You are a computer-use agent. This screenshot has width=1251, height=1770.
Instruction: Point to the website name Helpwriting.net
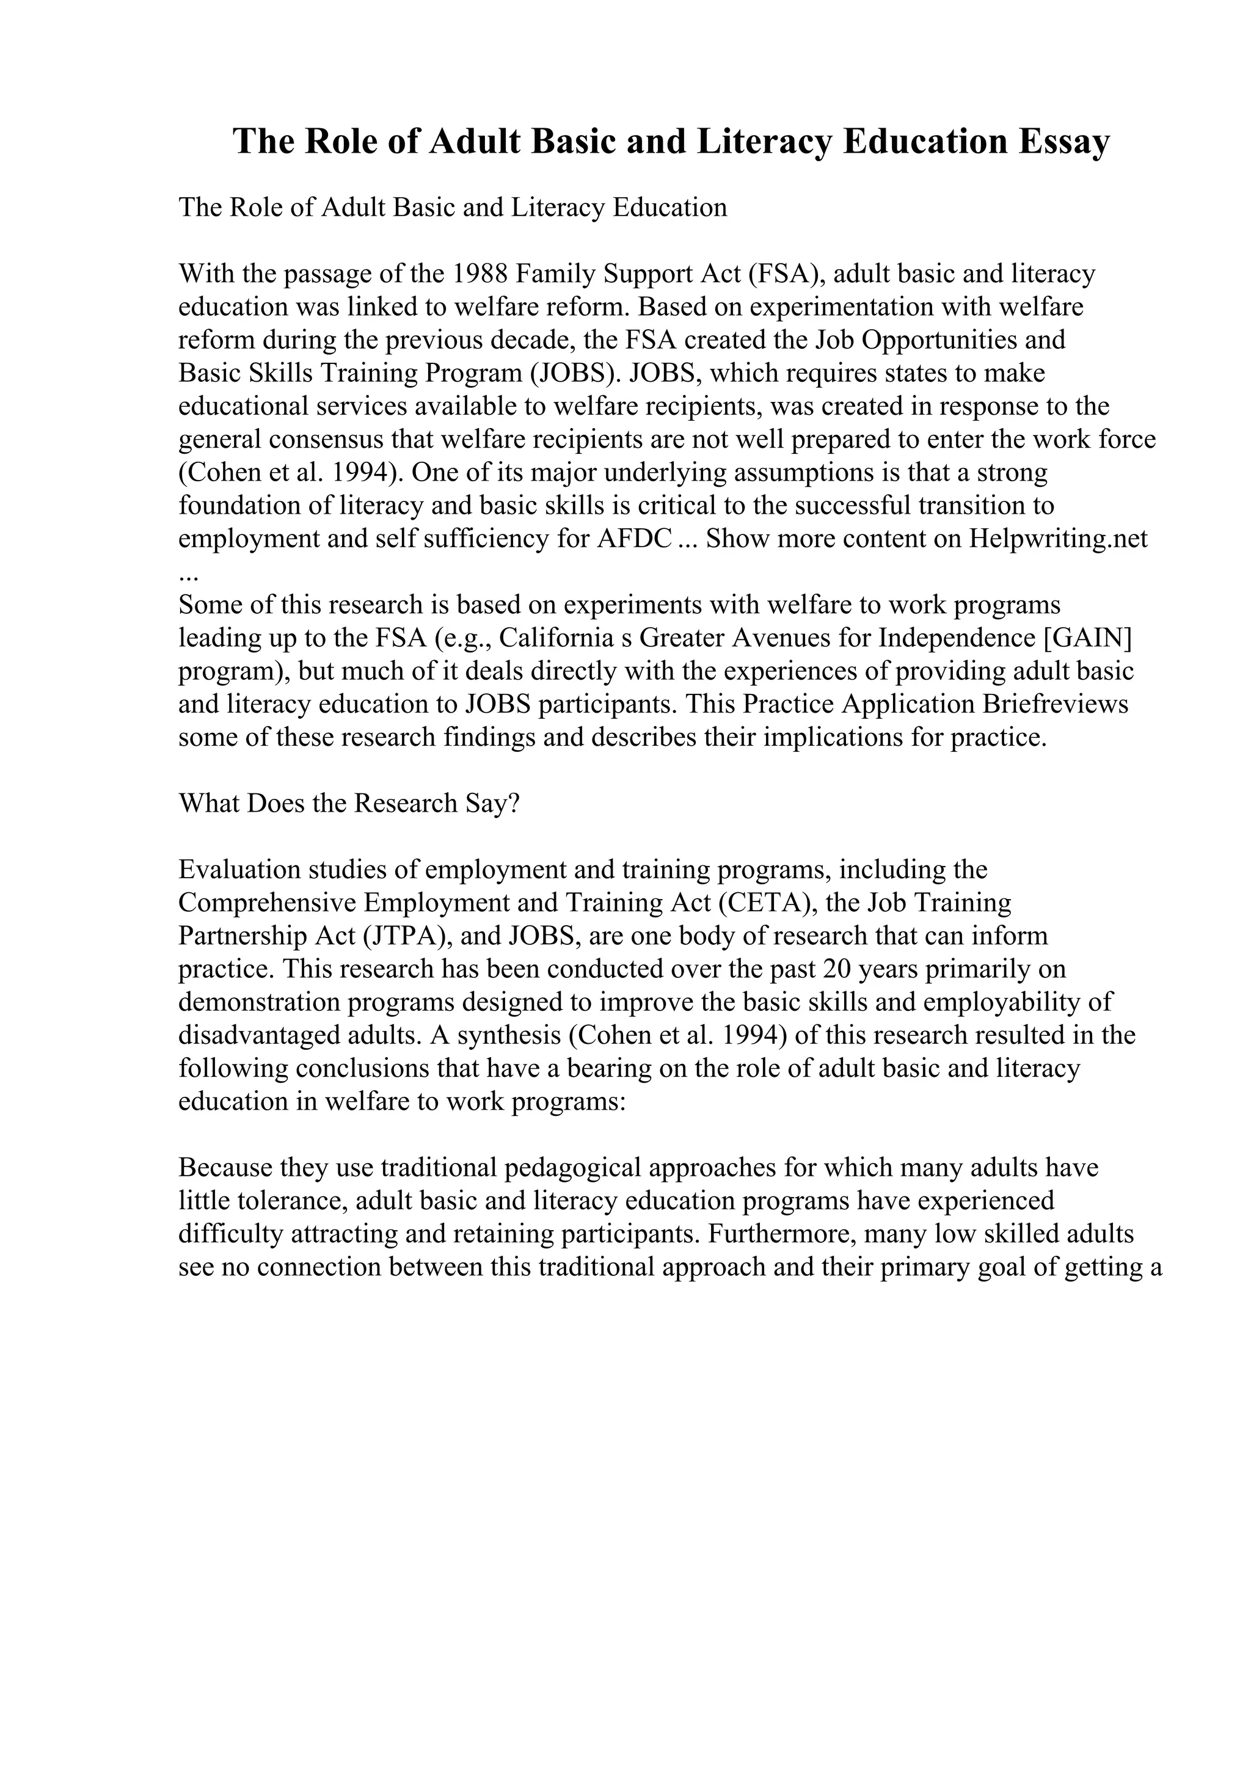tap(1059, 538)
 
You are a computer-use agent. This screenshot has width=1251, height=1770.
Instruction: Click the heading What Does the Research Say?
tap(349, 803)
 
